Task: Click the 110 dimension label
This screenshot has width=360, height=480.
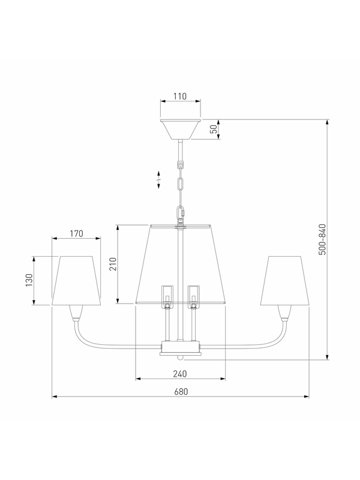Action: (x=180, y=96)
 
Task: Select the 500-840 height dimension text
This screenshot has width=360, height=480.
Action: (x=322, y=239)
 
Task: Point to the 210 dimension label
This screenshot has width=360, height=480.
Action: (x=113, y=264)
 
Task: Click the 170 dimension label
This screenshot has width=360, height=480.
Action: (x=76, y=233)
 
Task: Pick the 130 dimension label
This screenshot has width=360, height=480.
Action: (x=29, y=280)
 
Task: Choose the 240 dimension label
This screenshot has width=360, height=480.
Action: (x=180, y=374)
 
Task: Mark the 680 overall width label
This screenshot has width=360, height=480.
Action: (x=181, y=392)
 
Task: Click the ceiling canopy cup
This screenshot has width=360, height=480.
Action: (x=181, y=130)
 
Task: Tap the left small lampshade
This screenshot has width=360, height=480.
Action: (x=76, y=281)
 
